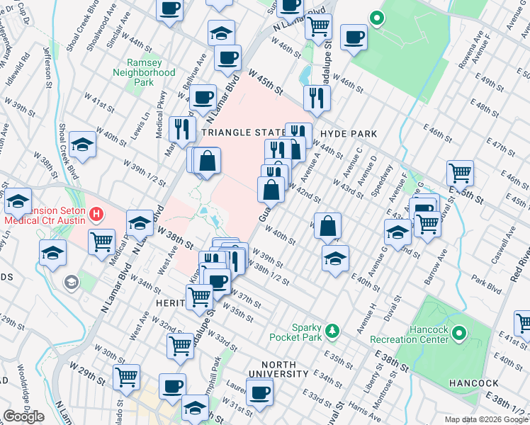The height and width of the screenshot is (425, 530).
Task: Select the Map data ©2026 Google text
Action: tap(485, 419)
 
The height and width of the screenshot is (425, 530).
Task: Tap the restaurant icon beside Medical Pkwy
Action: tap(184, 127)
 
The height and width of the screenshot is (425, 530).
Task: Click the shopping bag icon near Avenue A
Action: tap(327, 227)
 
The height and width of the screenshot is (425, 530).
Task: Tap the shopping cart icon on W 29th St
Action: tap(127, 377)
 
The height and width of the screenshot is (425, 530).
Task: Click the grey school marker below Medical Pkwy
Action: tap(71, 283)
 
